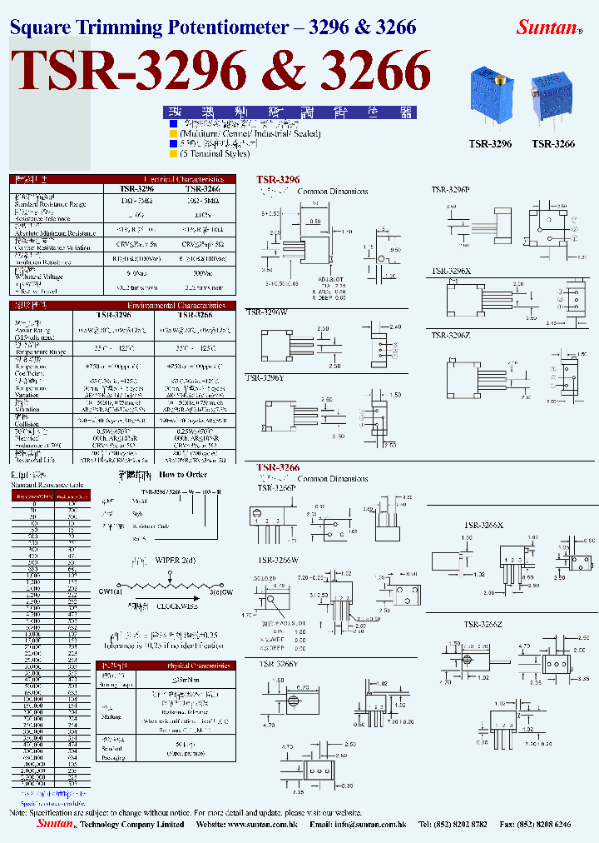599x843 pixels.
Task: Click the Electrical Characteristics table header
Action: click(x=183, y=179)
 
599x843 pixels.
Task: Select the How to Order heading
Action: click(x=183, y=475)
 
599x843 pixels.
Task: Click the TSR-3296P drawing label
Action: click(x=450, y=191)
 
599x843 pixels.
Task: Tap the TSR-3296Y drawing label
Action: click(x=265, y=377)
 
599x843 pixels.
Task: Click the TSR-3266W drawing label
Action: click(x=278, y=560)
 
